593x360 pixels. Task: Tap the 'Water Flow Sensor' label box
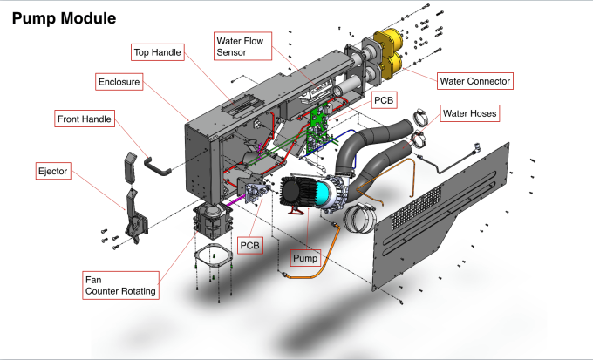(x=242, y=46)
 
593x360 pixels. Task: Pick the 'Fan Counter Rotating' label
(x=122, y=285)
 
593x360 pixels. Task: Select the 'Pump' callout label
(x=307, y=258)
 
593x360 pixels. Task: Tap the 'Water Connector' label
(x=474, y=81)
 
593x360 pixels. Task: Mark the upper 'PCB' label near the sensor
(x=384, y=100)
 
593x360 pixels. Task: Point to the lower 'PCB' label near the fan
(x=250, y=246)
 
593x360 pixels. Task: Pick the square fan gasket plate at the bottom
(x=211, y=259)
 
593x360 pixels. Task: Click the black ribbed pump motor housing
(x=302, y=192)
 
